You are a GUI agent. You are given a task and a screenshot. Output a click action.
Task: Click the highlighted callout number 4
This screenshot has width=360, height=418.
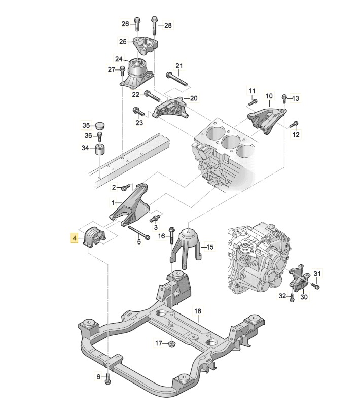click(x=75, y=238)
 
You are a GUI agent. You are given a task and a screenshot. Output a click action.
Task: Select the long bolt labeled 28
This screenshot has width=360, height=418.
click(x=154, y=25)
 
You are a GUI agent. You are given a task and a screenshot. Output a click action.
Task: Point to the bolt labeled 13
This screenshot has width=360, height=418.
click(x=284, y=98)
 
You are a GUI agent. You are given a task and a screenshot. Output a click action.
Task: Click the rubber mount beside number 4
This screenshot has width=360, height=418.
click(x=96, y=237)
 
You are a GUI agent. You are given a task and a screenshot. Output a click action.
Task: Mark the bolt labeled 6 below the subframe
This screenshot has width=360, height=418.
click(x=108, y=377)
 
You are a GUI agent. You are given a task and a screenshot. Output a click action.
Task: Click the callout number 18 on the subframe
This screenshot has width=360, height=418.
click(x=198, y=310)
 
